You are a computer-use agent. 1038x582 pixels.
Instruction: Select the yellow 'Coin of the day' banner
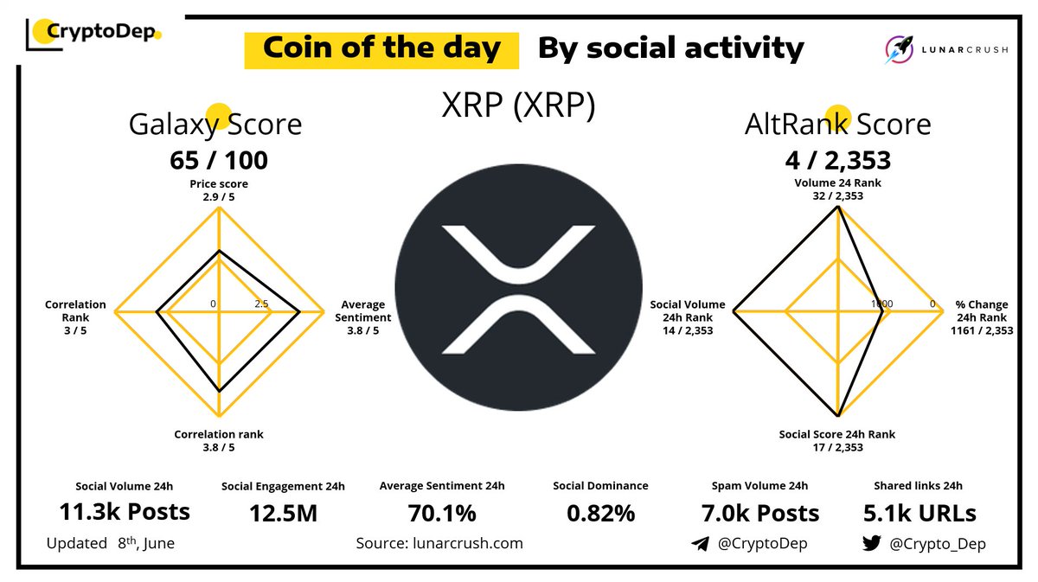point(381,48)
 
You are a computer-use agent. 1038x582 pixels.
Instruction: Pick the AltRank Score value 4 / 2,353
point(838,160)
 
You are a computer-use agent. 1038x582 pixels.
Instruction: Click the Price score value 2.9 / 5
point(218,196)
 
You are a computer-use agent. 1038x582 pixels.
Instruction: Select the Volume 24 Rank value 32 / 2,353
point(837,195)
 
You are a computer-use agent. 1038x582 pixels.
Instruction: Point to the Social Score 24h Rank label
point(836,434)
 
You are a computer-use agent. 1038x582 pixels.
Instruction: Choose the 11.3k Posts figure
point(125,512)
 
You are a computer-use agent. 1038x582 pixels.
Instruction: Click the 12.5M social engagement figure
point(282,514)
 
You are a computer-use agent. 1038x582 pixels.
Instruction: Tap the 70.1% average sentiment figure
point(441,514)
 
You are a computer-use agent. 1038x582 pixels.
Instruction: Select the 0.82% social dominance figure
point(600,514)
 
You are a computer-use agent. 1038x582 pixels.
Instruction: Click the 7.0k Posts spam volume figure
point(760,513)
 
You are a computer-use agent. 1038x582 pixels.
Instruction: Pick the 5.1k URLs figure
point(919,514)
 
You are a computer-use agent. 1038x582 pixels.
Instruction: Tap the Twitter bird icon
point(871,544)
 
